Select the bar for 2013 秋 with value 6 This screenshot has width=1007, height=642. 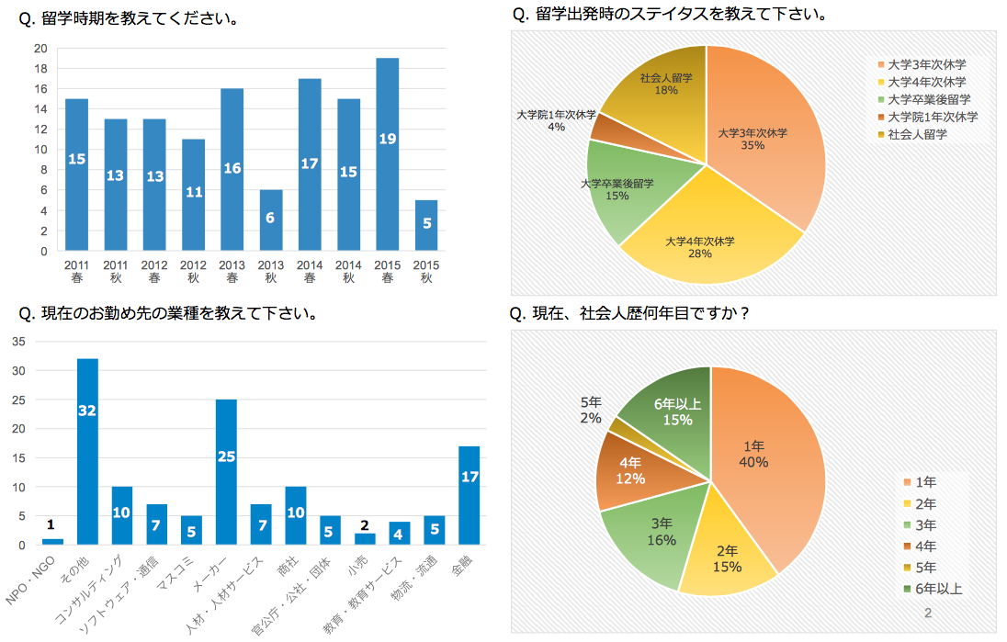click(x=271, y=220)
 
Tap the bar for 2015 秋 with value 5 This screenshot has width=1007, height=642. click(x=426, y=225)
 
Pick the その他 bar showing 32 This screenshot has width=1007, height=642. click(x=87, y=451)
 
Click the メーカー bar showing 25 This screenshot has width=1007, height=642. click(x=226, y=471)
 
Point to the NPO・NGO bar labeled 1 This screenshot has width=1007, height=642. click(x=53, y=542)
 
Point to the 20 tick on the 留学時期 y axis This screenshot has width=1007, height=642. click(x=40, y=49)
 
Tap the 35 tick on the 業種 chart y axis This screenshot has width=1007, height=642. click(x=19, y=342)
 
